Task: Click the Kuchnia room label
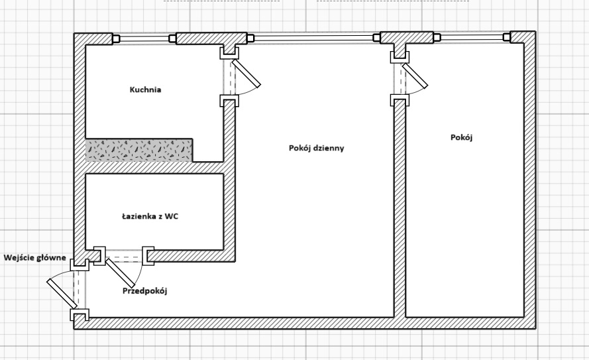(146, 90)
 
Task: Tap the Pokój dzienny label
(317, 148)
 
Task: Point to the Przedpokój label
(145, 290)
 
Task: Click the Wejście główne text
(34, 257)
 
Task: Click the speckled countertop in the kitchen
(139, 150)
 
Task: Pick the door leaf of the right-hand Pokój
(415, 74)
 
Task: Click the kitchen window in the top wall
(144, 38)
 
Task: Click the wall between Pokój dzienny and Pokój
(400, 212)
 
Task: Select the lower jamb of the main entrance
(80, 316)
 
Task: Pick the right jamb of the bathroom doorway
(148, 256)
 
